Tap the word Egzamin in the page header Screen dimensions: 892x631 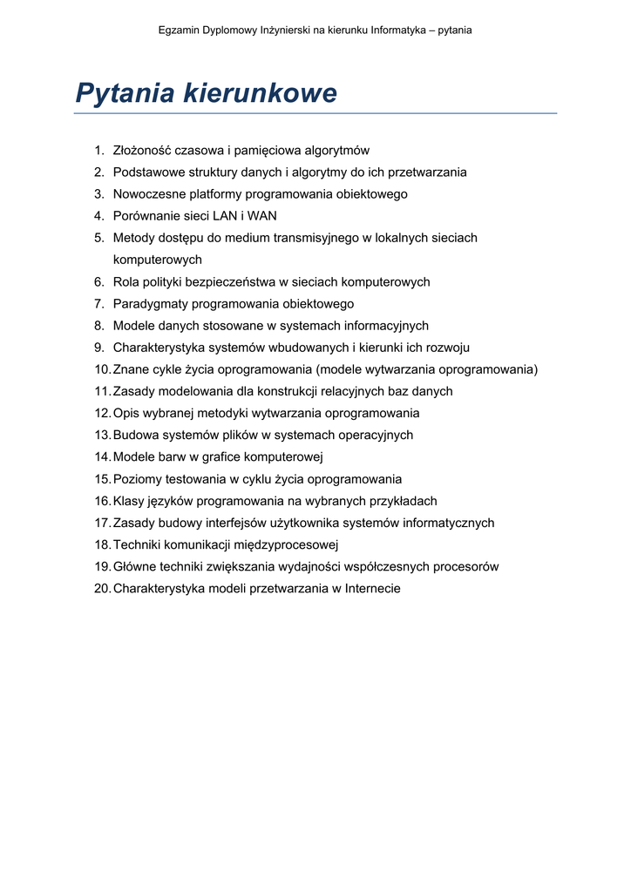pos(180,30)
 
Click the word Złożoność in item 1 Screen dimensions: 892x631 pos(143,151)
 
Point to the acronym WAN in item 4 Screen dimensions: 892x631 pos(262,216)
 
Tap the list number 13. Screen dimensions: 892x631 pos(102,436)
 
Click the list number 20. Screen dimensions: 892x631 pos(102,589)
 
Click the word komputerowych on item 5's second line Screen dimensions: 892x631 pos(157,260)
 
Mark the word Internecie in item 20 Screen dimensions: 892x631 pos(373,589)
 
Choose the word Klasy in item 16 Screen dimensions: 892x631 pos(129,502)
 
